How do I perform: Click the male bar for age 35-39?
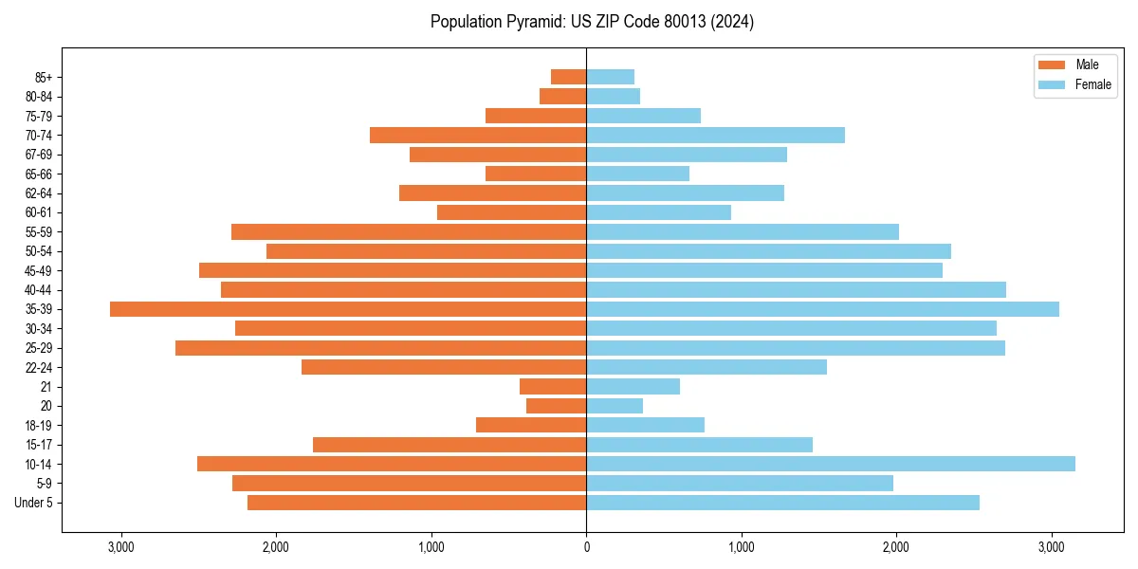(348, 309)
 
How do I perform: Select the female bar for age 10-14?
(831, 464)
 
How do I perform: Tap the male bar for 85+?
(569, 77)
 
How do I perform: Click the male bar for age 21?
(553, 386)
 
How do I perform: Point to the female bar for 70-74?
(715, 135)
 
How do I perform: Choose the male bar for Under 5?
(417, 503)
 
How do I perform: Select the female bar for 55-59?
(743, 231)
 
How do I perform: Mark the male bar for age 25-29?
(381, 348)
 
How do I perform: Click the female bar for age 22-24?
(707, 367)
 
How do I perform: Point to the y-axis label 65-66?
(39, 174)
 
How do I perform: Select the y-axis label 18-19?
(39, 425)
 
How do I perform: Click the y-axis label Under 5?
(34, 503)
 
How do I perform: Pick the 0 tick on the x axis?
(586, 547)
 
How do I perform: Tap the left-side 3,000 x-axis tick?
(121, 547)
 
